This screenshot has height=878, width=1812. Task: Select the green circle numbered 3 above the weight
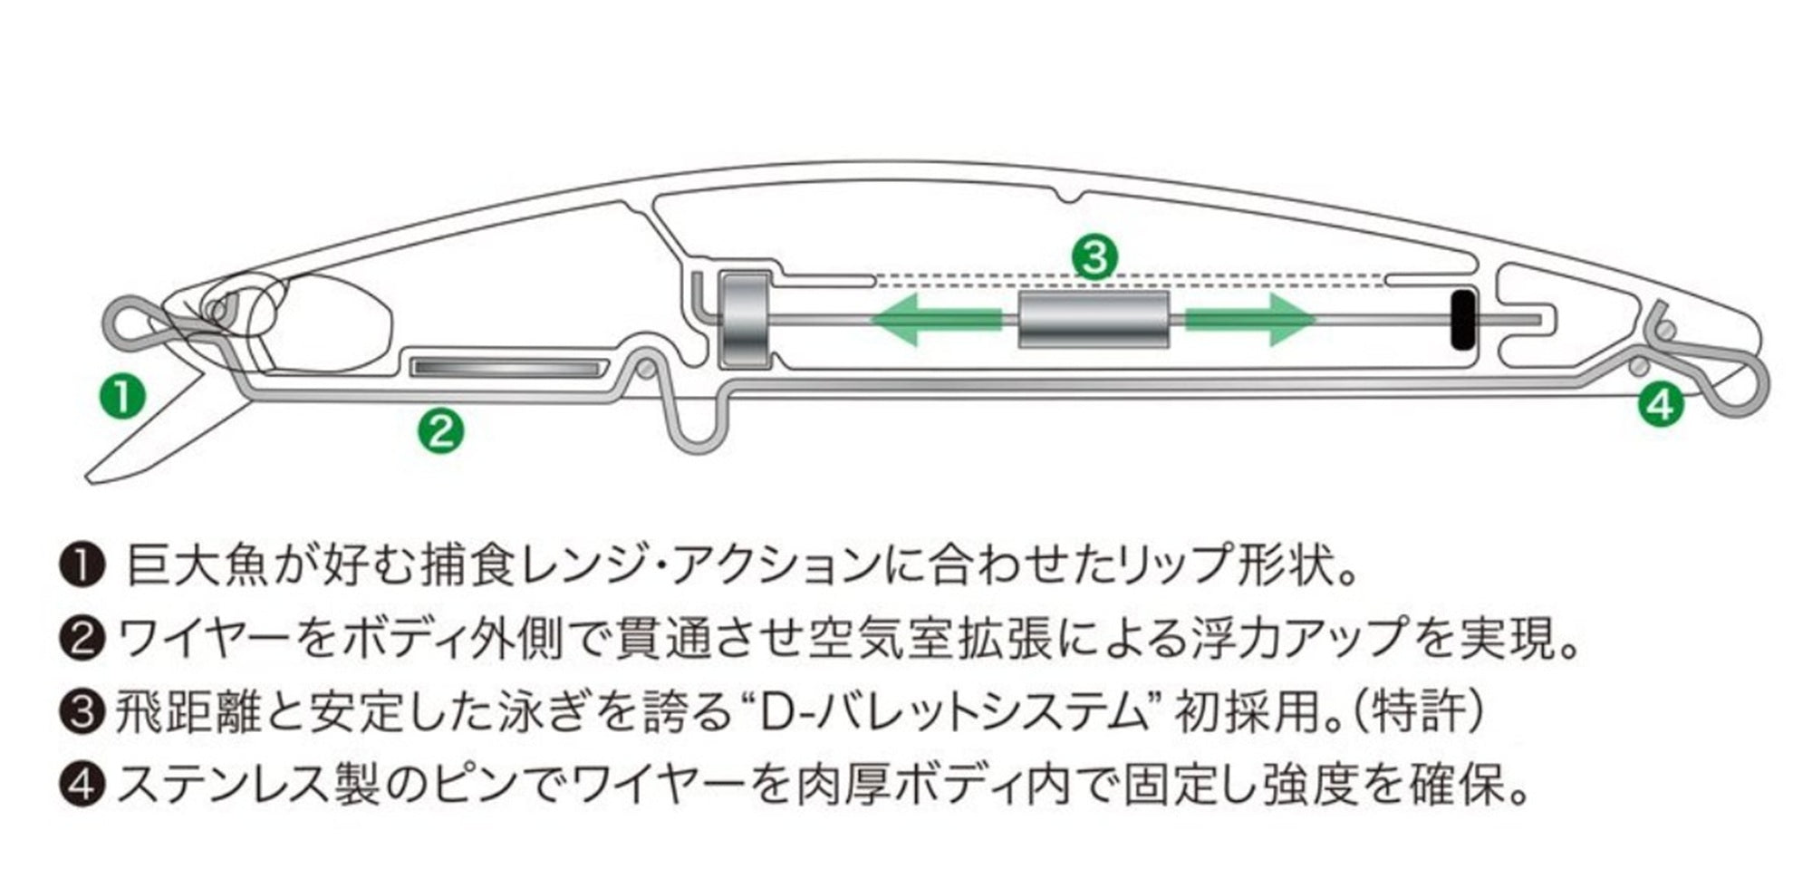(1094, 257)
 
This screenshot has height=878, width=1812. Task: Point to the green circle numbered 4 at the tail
(1660, 404)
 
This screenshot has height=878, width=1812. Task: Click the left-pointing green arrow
(936, 320)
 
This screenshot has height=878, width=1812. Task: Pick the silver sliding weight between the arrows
(1094, 320)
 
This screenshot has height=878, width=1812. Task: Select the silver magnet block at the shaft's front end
(744, 320)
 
